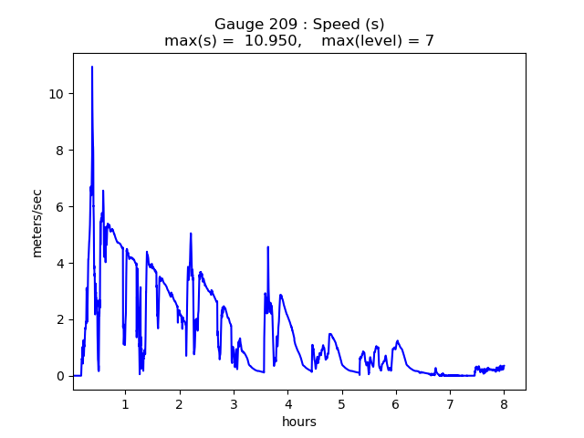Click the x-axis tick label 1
coord(125,404)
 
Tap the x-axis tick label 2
coord(180,404)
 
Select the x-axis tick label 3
coord(234,404)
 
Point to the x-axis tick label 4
coord(287,404)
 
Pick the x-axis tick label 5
coord(342,404)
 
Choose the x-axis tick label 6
coord(396,404)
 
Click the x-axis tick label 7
coord(450,404)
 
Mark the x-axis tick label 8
coord(504,404)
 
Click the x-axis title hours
coord(299,422)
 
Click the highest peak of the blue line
coord(92,67)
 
